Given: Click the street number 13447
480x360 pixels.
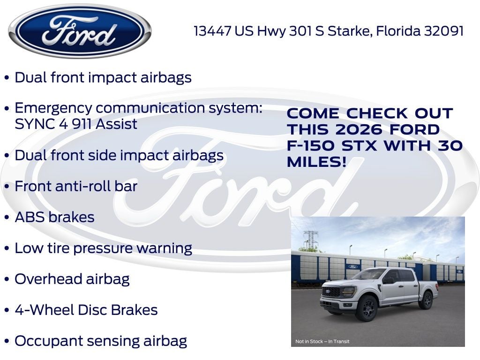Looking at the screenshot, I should point(213,31).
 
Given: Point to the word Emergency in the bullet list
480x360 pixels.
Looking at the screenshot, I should point(52,108).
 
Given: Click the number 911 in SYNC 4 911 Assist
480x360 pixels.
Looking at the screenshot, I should point(72,124).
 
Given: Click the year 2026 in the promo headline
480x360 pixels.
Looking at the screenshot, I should point(369,129).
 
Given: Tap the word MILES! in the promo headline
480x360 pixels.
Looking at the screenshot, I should point(317,162).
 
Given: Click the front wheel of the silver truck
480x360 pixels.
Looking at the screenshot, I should point(367,310).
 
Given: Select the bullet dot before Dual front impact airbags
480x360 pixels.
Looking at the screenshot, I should point(7,78).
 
